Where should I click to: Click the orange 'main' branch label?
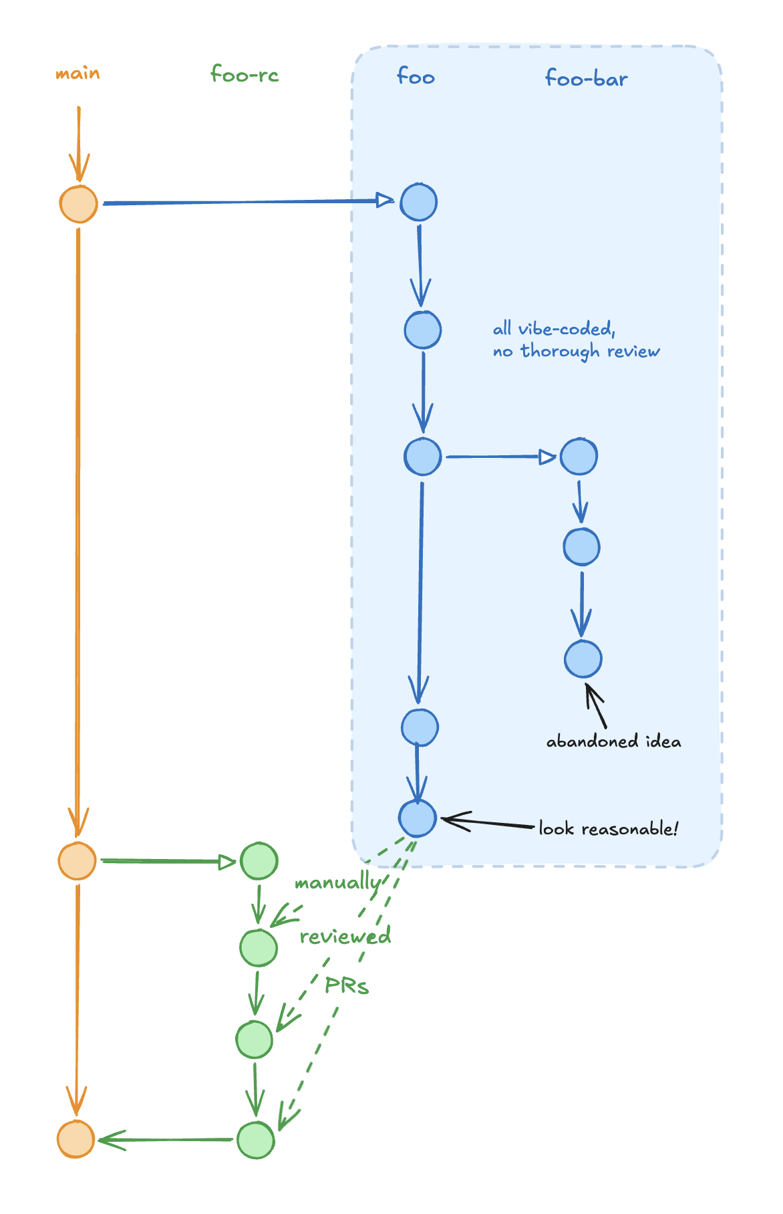click(x=77, y=73)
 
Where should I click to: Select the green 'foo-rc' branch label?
click(x=245, y=74)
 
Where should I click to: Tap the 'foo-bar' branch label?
click(x=587, y=79)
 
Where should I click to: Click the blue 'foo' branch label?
click(x=416, y=76)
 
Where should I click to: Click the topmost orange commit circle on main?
click(x=79, y=204)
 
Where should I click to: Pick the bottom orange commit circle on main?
click(x=75, y=1138)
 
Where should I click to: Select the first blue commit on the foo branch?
click(x=419, y=202)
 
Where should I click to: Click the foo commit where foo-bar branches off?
click(x=423, y=457)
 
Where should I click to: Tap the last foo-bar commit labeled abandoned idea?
click(x=583, y=658)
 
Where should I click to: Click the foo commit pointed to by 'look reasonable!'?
click(x=418, y=818)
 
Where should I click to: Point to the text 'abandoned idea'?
click(x=613, y=741)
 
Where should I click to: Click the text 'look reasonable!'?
click(x=608, y=829)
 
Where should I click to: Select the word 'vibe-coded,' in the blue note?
click(x=567, y=329)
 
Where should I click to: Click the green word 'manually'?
click(x=337, y=883)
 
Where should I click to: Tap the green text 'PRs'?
click(x=347, y=985)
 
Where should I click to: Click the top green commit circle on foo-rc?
click(x=259, y=861)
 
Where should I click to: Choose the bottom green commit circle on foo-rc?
click(x=256, y=1140)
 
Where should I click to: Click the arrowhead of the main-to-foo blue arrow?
click(x=385, y=200)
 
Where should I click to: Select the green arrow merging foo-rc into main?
click(x=167, y=1140)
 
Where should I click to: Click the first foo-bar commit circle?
click(x=579, y=457)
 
